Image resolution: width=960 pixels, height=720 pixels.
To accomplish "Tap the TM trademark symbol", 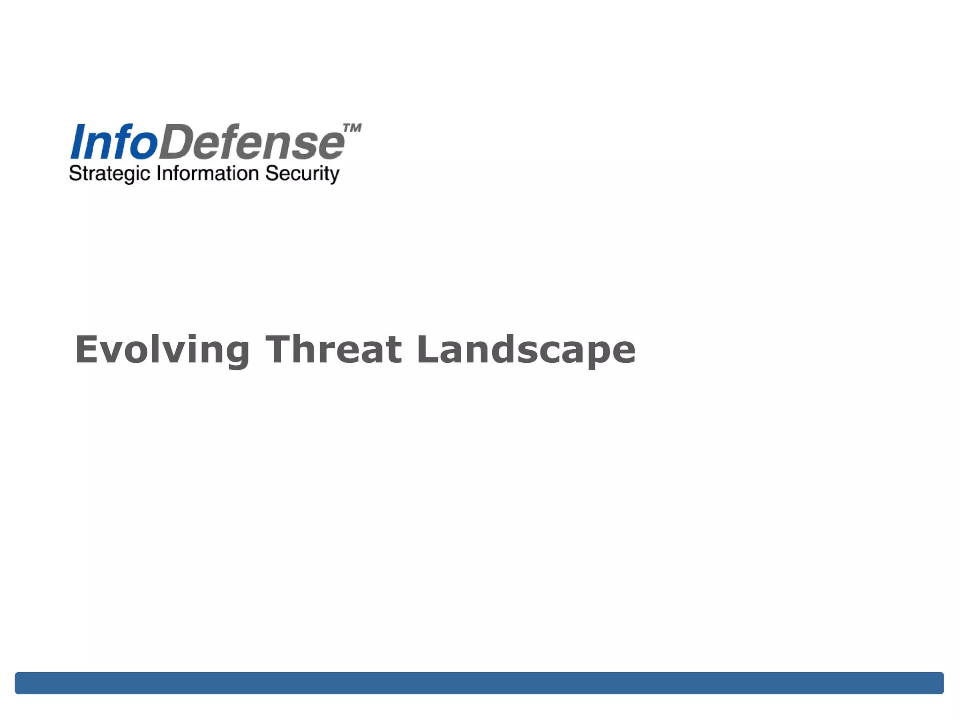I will click(x=352, y=128).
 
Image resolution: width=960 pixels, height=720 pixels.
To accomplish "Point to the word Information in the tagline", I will click(x=208, y=173).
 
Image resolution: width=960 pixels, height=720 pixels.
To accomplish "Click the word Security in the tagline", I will click(x=302, y=174).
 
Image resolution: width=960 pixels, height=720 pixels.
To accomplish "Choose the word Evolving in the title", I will click(x=162, y=350).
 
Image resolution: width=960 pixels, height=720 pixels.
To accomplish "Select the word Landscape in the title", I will click(x=525, y=350).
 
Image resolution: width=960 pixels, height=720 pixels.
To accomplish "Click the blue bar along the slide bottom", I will click(x=479, y=682).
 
